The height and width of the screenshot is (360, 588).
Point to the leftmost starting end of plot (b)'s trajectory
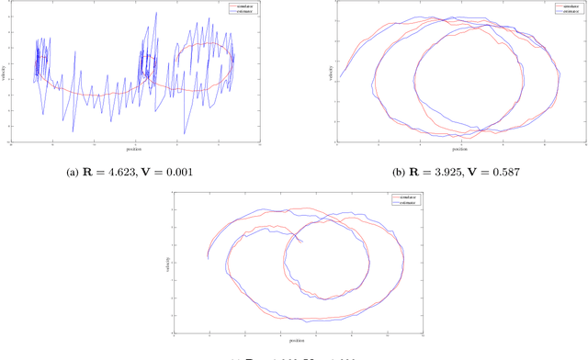(340, 78)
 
